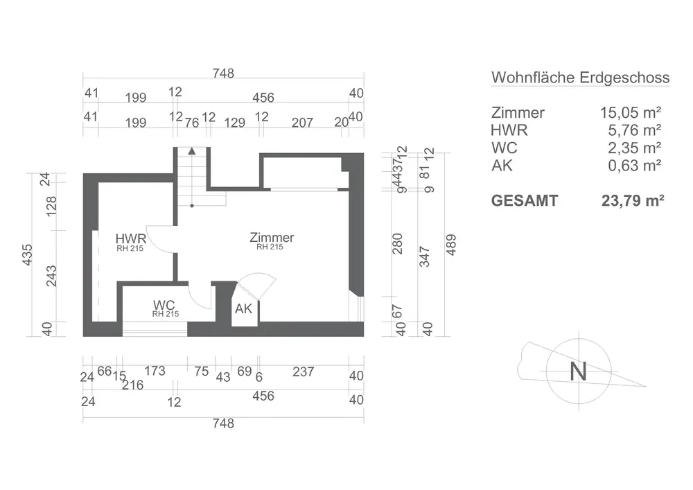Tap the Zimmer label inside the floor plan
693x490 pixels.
coord(272,238)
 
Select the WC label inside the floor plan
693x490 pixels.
coord(164,305)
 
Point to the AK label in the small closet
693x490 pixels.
coord(243,309)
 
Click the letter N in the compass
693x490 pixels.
coord(578,371)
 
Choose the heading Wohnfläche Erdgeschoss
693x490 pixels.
coord(580,77)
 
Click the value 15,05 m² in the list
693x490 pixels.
coord(630,112)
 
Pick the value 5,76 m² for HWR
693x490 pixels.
coord(634,130)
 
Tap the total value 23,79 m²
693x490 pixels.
coord(633,201)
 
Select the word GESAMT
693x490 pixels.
coord(524,201)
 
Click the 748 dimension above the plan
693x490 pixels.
coord(223,73)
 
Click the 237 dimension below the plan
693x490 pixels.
coord(304,372)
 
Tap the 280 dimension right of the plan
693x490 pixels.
coord(398,243)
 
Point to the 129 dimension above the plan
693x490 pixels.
coord(236,123)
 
